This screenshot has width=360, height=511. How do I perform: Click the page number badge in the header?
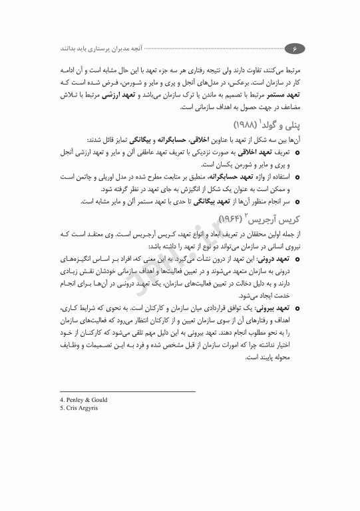293,47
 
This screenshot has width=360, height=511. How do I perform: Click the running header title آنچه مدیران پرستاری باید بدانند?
100,48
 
